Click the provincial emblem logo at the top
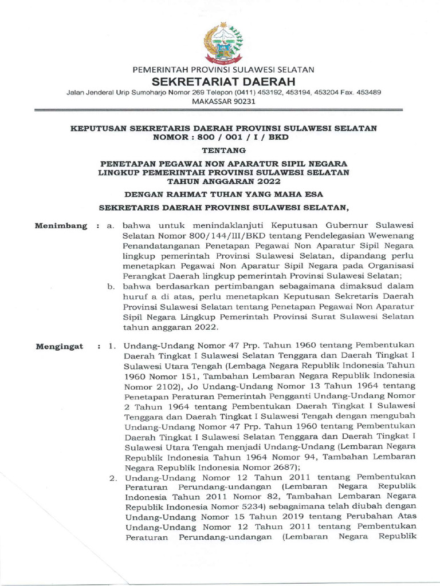click(x=223, y=43)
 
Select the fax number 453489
click(x=362, y=92)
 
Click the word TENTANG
click(x=223, y=151)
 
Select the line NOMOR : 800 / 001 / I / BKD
click(x=223, y=137)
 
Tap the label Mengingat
click(x=60, y=347)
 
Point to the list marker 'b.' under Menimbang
click(x=112, y=287)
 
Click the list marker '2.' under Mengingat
click(x=113, y=477)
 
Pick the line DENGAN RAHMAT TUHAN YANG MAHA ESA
click(x=223, y=193)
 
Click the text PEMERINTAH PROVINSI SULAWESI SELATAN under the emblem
click(x=223, y=70)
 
